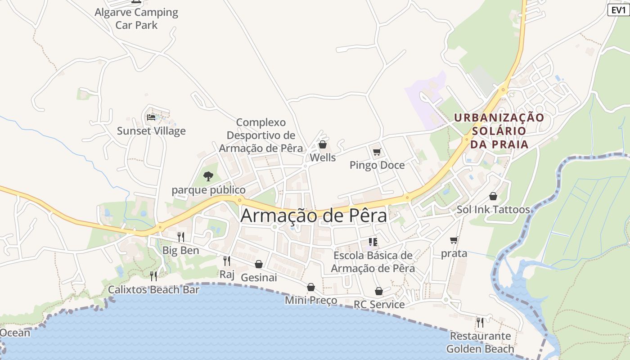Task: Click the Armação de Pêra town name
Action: [314, 216]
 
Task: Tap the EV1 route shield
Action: [618, 10]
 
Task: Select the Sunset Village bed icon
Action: [151, 117]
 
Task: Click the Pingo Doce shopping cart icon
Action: [377, 152]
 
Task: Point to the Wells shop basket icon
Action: [322, 144]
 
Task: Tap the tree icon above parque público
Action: [208, 176]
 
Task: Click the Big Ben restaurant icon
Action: [180, 237]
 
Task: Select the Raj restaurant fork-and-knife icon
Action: [227, 261]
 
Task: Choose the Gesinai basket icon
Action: [259, 264]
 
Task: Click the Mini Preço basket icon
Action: [311, 287]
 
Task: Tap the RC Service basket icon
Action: [379, 291]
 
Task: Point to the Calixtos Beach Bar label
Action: [153, 289]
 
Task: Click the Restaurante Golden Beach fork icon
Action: [480, 322]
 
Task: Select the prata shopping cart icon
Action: [454, 240]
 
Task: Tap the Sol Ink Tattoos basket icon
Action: [493, 196]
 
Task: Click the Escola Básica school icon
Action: [373, 242]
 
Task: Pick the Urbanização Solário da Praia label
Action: [499, 131]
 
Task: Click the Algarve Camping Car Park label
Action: [136, 18]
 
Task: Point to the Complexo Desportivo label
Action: [261, 135]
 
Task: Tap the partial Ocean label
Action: [15, 333]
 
